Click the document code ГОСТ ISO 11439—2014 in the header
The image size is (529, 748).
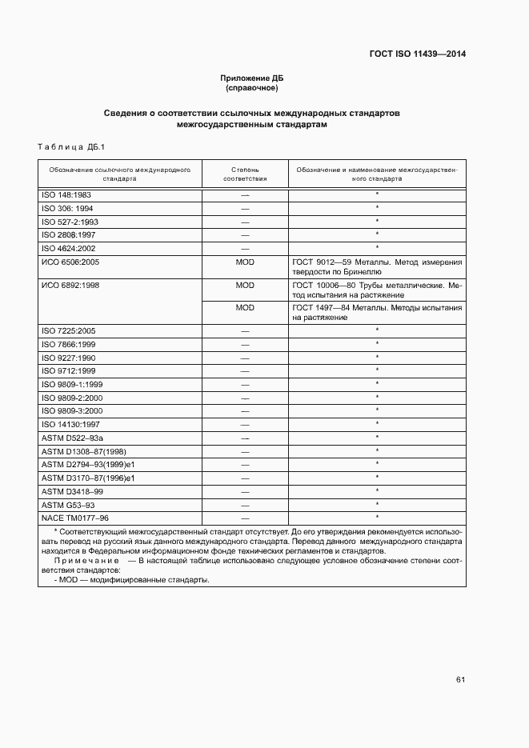417,54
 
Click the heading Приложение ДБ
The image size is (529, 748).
252,78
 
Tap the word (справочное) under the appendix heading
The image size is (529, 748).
252,88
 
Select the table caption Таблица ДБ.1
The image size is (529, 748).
66,146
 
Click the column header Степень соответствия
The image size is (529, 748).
245,174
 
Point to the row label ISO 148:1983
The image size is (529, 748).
66,194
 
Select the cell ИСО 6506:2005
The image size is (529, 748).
70,262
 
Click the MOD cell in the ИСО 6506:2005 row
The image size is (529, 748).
245,262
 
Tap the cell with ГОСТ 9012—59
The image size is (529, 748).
377,266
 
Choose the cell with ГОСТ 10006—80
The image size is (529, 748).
377,290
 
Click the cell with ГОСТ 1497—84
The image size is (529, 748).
377,312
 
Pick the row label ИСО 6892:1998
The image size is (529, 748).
70,285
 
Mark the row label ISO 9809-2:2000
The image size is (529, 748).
72,398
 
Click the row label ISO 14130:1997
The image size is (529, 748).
70,424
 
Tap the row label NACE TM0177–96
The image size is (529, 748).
74,518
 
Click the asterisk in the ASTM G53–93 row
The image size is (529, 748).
377,504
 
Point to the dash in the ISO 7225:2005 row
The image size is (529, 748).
245,330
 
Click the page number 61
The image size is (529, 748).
460,680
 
